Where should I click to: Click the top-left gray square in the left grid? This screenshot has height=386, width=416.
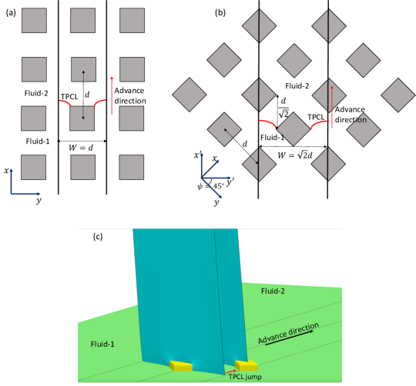[x=34, y=21]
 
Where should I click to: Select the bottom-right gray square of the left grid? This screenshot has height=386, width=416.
[x=132, y=167]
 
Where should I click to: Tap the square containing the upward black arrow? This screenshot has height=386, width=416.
[x=83, y=69]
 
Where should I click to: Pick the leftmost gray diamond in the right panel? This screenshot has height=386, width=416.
[x=190, y=95]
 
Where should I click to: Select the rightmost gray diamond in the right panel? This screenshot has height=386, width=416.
[x=398, y=95]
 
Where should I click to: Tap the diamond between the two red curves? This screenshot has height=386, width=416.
[x=294, y=129]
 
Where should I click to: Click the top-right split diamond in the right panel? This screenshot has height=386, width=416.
[x=329, y=25]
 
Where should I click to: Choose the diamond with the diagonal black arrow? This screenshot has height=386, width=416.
[x=224, y=129]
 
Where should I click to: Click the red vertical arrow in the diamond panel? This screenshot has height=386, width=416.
[x=332, y=105]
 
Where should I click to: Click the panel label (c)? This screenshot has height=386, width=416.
[x=98, y=237]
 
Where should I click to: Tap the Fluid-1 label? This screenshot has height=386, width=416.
[x=101, y=344]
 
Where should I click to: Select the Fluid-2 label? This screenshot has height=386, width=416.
[x=273, y=291]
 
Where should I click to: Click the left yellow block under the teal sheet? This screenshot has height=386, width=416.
[x=180, y=365]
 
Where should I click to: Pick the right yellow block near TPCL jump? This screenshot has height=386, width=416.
[x=247, y=365]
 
